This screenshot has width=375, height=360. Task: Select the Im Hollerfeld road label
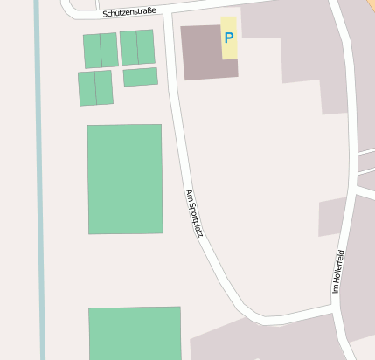coord(337,271)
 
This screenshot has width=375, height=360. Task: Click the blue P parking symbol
coord(229,38)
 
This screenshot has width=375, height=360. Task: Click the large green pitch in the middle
coord(125,179)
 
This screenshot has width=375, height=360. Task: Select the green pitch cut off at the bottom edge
coord(135,333)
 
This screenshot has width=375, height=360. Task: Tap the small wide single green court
coord(140,77)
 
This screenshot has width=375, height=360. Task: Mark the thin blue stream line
coord(39,175)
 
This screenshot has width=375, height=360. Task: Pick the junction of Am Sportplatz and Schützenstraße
coord(166,13)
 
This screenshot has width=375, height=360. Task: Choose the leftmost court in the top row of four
coord(92,51)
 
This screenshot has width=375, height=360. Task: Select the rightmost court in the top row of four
coord(146,47)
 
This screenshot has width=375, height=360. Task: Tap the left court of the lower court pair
coord(87,88)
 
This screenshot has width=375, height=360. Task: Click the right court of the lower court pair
coord(104,87)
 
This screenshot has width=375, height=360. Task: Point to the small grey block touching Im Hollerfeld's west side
coord(332,217)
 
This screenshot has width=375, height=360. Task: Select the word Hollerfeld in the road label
coord(337,267)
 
